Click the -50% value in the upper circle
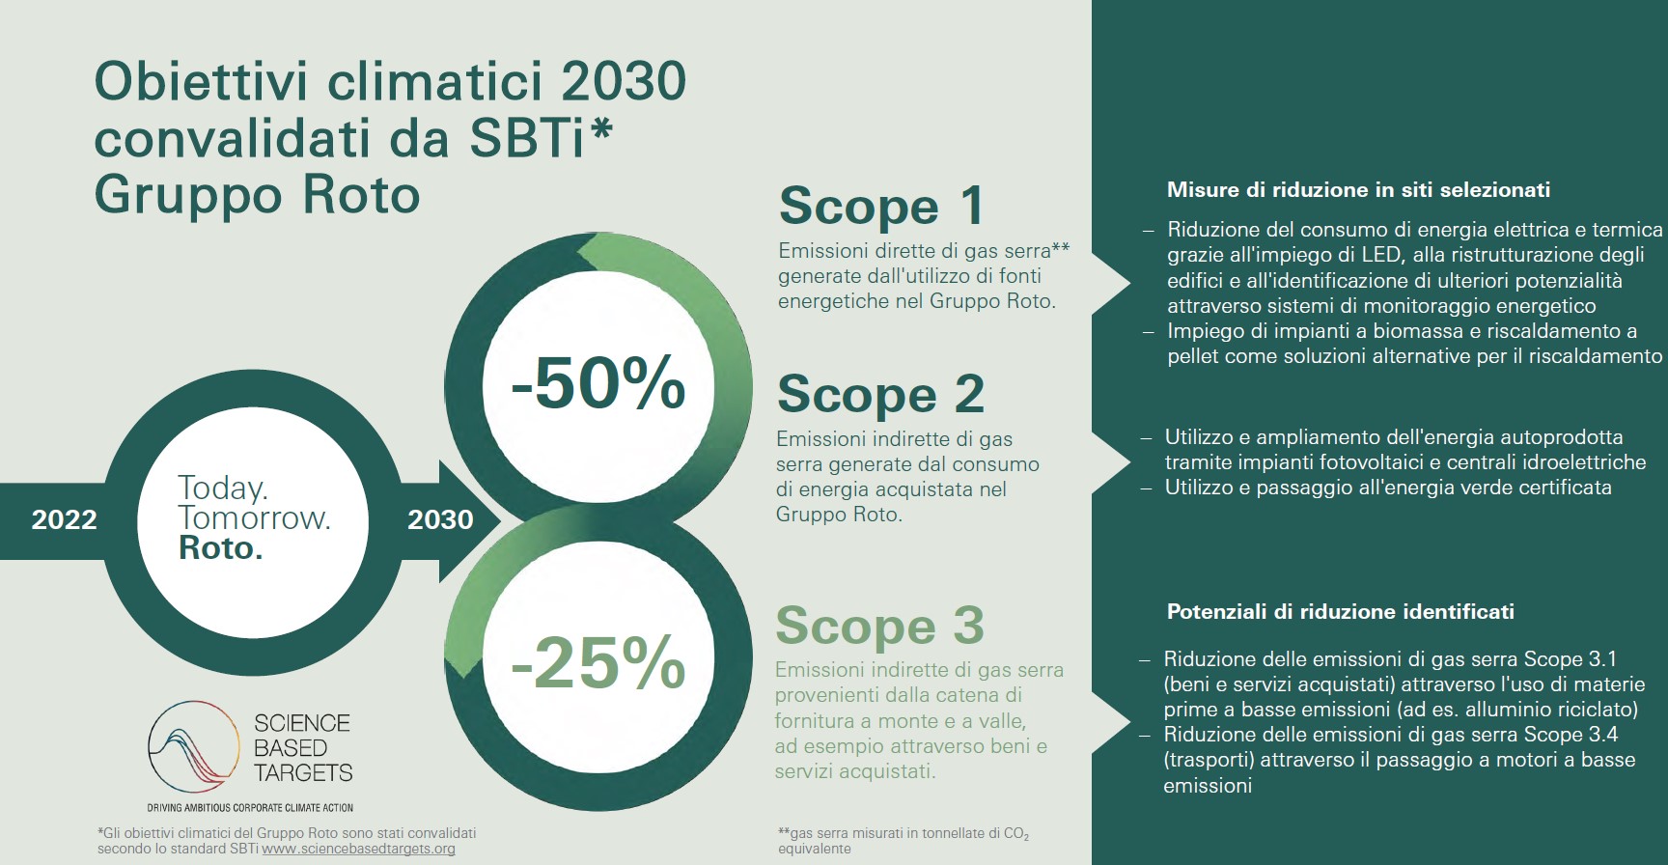598,383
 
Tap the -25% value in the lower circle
598,662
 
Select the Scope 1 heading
881,206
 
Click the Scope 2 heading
880,394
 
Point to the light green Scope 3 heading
879,625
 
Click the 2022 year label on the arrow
65,519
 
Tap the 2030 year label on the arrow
440,519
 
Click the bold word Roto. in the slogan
221,548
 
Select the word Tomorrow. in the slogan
255,518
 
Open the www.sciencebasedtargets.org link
358,850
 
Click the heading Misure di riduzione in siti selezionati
1358,190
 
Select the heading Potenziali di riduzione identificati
1340,611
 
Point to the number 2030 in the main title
624,82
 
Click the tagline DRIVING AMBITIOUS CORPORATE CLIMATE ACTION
250,807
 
